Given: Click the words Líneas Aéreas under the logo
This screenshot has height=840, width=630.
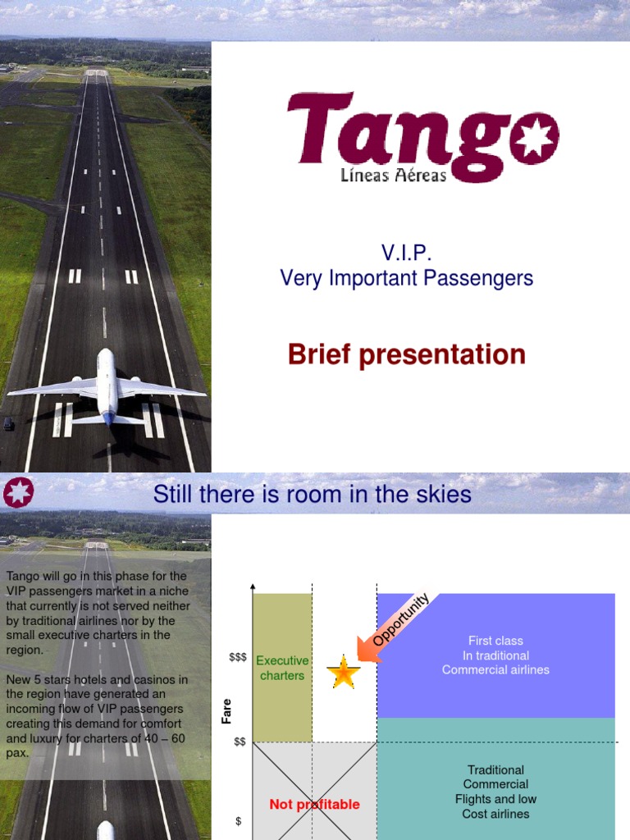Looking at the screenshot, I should coord(394,175).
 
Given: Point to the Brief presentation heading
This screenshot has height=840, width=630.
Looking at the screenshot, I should coord(406,355).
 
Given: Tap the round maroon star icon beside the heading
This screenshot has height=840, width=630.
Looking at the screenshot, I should coord(18,493).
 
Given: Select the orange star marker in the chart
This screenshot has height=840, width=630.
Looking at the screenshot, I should coord(344,673).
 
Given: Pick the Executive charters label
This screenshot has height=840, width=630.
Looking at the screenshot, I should coord(282,668).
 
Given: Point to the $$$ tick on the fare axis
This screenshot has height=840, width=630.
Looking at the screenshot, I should coord(238,658).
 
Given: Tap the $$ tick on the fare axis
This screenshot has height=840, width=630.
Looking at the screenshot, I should coord(240,742).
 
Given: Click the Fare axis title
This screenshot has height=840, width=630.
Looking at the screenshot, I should coord(227,711).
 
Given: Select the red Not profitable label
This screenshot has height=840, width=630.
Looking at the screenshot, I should coord(314,805).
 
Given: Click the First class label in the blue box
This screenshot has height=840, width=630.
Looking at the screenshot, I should coord(495,641).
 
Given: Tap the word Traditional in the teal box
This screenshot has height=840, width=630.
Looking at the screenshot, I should coord(495,770).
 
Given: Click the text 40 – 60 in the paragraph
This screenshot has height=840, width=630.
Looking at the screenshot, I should coord(163,737).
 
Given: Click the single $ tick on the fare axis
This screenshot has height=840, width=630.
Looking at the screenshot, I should coord(239,821).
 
